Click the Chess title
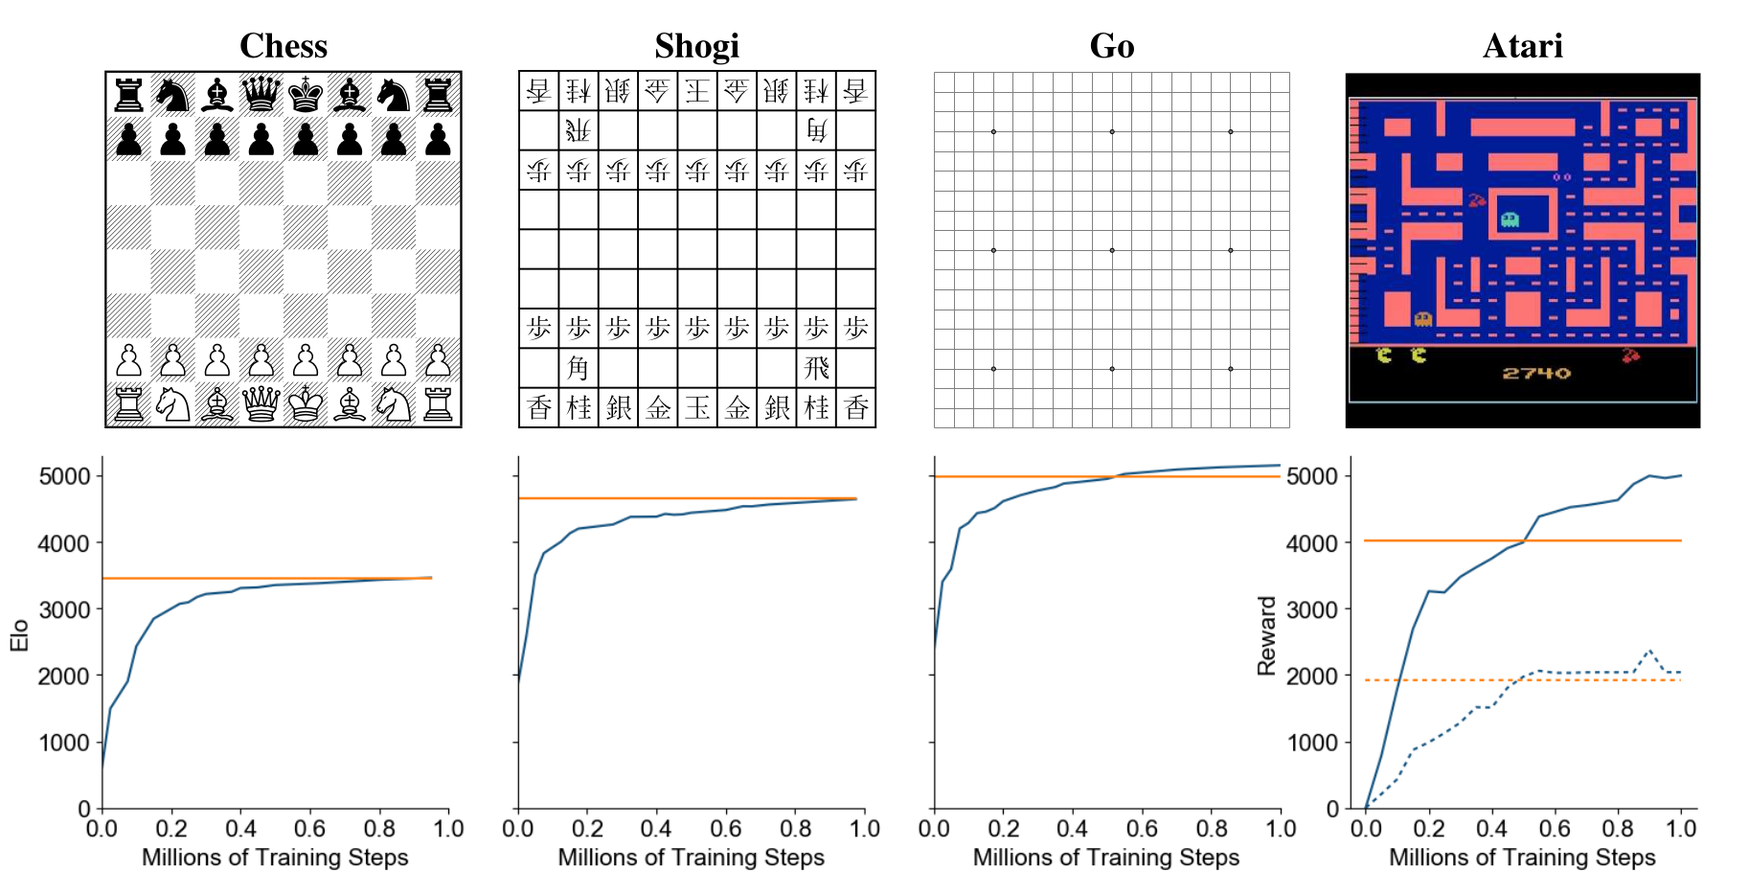coord(284,45)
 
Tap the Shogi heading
coord(696,45)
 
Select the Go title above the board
coord(1111,45)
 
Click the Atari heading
coord(1522,45)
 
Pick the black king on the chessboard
coord(306,95)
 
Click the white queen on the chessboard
coord(261,405)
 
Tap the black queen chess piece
coord(261,95)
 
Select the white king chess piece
coord(306,405)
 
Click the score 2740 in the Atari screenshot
coord(1535,373)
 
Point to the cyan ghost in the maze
coord(1510,220)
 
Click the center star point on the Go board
coord(1111,250)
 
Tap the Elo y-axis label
coord(19,635)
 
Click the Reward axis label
coord(1266,635)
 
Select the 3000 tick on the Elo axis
coord(63,609)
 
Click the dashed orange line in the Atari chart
coord(1437,680)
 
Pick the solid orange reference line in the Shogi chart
coord(670,498)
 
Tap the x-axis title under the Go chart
coord(1106,858)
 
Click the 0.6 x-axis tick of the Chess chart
coord(310,829)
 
